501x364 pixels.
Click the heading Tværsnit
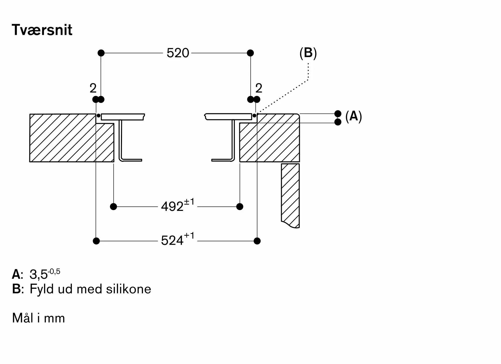(x=42, y=30)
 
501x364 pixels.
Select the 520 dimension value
(x=178, y=53)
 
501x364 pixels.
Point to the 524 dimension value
(x=172, y=241)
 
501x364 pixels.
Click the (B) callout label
(x=308, y=53)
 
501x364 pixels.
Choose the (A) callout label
(x=353, y=116)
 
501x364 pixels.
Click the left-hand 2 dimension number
(x=93, y=88)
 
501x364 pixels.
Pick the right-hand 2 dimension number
(x=259, y=88)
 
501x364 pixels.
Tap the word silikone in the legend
(x=129, y=289)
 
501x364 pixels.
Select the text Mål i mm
(x=39, y=318)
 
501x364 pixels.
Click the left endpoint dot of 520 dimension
(x=101, y=53)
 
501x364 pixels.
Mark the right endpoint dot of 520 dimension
(x=250, y=53)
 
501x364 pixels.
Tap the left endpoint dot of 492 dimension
(x=113, y=207)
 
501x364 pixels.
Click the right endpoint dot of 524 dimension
(x=257, y=241)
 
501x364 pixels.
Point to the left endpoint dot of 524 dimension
(x=96, y=241)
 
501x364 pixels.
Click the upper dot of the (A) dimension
(x=338, y=114)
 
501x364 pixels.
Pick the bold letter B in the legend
(x=17, y=289)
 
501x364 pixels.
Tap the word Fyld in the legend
(x=41, y=289)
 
